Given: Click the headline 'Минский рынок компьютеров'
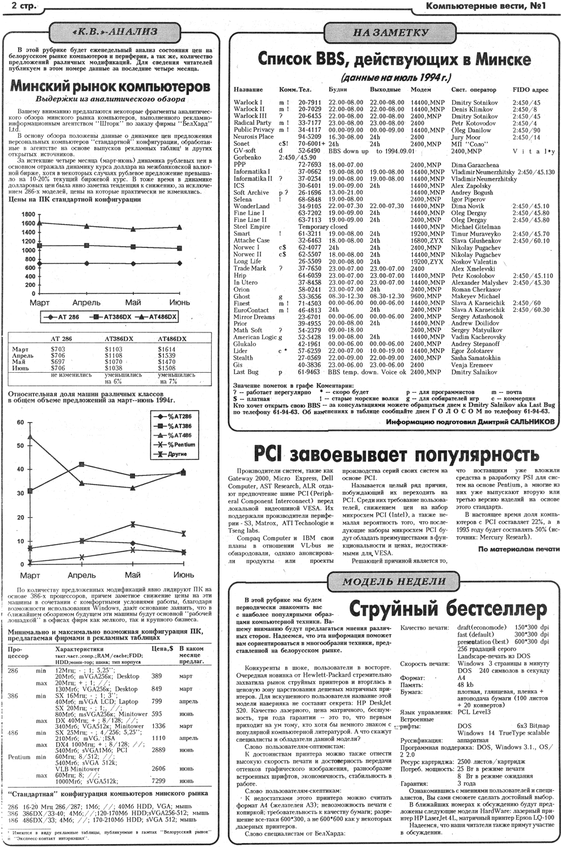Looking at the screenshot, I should [x=111, y=86].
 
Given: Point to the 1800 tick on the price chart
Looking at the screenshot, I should [x=28, y=214].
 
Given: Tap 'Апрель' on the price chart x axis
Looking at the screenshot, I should [x=86, y=302].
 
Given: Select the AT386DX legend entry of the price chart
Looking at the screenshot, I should [x=113, y=317].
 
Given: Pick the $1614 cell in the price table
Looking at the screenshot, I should [x=166, y=349].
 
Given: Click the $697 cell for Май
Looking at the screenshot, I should [x=58, y=362].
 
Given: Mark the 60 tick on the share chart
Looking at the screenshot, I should [x=20, y=423].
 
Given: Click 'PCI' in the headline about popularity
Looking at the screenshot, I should [x=269, y=454].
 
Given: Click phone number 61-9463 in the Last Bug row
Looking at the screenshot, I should [x=309, y=372].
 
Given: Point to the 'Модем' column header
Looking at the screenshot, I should [x=420, y=90].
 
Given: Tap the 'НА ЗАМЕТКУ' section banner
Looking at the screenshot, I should [x=391, y=33].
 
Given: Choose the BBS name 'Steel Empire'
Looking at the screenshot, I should [x=252, y=226].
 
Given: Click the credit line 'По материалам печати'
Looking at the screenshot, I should [x=518, y=549].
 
